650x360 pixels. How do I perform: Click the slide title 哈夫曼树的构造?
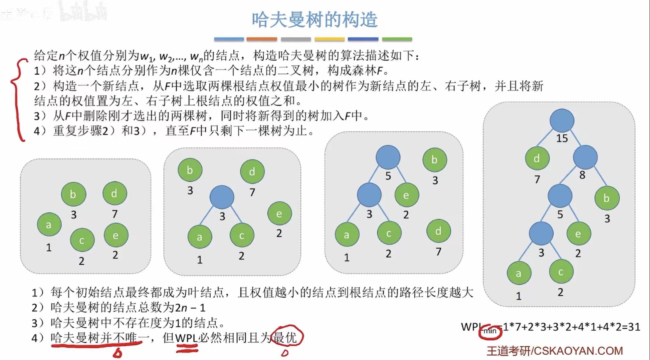click(314, 20)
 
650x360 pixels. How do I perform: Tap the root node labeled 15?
click(562, 121)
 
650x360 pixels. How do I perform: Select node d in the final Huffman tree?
click(537, 158)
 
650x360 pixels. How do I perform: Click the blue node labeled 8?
click(585, 157)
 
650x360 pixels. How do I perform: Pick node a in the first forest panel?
click(49, 225)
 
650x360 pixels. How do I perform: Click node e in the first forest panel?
click(116, 235)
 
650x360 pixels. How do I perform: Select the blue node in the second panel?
click(222, 197)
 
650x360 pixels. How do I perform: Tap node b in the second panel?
click(190, 170)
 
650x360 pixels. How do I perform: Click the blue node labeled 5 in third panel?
click(388, 157)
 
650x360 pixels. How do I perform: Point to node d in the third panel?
click(438, 231)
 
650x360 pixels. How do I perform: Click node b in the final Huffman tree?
click(607, 198)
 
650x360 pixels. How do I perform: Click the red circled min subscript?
click(490, 331)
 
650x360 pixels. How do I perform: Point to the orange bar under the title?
click(262, 39)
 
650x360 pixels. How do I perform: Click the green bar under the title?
click(397, 39)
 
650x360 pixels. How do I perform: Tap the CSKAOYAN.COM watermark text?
click(578, 351)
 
